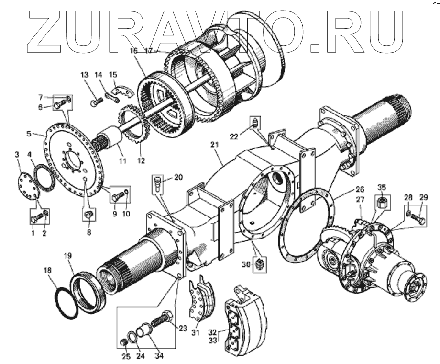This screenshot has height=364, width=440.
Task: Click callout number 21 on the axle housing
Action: coord(214,144)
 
